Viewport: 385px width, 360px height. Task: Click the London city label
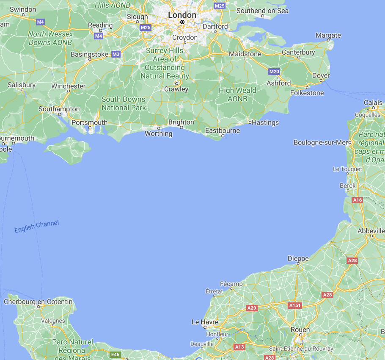click(x=182, y=15)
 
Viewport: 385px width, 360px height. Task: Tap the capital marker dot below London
click(x=182, y=22)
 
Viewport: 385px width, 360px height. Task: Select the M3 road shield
click(x=116, y=54)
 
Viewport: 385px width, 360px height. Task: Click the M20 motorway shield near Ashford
click(x=274, y=72)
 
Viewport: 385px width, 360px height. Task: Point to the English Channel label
click(x=37, y=227)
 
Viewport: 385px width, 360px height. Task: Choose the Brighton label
click(x=181, y=122)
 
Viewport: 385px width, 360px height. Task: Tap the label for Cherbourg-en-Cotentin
click(x=38, y=302)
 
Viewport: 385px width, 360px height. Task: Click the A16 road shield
click(x=357, y=200)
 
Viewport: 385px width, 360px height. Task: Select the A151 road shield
click(x=294, y=305)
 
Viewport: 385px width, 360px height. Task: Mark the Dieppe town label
click(x=298, y=258)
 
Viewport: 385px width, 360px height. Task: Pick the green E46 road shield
click(x=115, y=354)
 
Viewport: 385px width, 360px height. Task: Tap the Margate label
click(x=328, y=35)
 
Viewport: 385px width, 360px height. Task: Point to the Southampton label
click(x=59, y=109)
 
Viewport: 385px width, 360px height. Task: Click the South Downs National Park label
click(x=124, y=103)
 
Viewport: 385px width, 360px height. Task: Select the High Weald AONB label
click(x=237, y=94)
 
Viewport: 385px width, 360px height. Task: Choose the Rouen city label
click(x=300, y=330)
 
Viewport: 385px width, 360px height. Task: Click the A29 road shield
click(x=252, y=308)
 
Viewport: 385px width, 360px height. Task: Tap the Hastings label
click(x=265, y=122)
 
